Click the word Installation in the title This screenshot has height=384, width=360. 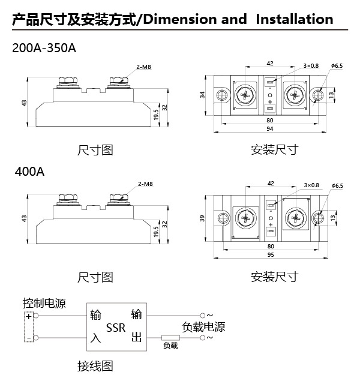294,19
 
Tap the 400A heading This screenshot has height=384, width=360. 29,172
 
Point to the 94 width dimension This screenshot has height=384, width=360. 271,129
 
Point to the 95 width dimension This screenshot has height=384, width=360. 271,255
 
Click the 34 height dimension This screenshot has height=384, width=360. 203,95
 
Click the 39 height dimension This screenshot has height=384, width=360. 203,219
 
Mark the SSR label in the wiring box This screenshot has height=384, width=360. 116,328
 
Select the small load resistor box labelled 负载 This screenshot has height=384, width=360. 171,346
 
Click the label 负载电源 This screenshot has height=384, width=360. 203,327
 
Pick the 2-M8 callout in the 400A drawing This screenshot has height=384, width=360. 144,184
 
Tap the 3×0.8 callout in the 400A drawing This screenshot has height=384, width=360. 311,185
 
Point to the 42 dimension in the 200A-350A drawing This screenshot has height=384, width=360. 270,62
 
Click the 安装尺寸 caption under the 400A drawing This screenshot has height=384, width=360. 274,277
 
